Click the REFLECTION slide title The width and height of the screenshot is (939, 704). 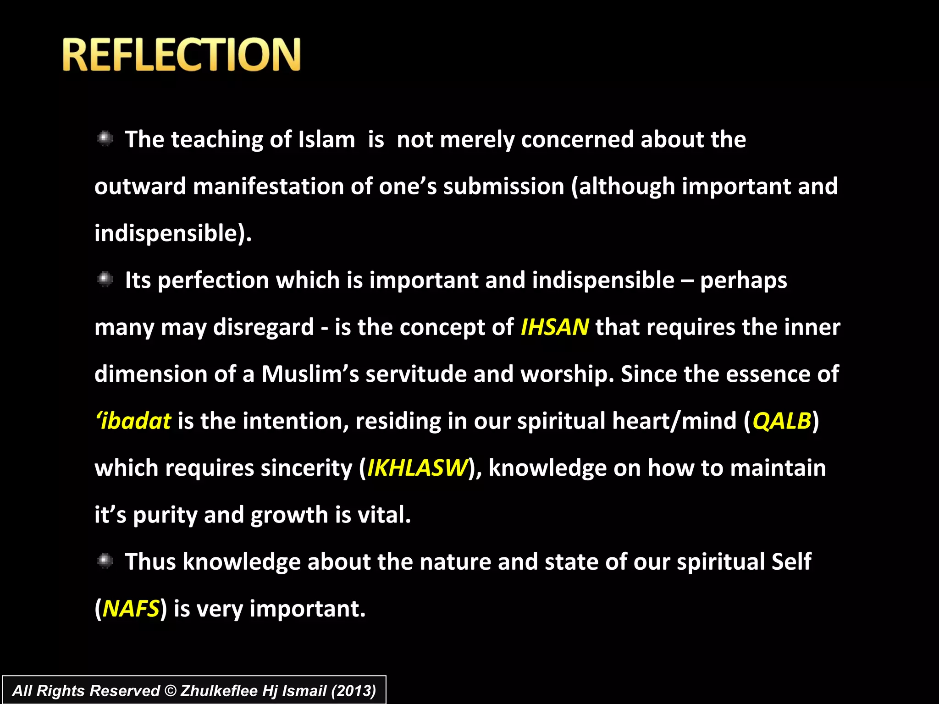tap(182, 55)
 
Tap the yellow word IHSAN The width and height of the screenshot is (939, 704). tap(555, 327)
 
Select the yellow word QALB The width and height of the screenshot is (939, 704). tap(781, 421)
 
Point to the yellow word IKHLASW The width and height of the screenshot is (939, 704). tap(417, 468)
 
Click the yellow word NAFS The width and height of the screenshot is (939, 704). tap(131, 609)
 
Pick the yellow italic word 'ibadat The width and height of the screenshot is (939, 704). tap(133, 421)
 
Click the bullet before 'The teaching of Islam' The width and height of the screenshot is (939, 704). tap(105, 138)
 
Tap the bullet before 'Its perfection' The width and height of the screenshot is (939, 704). tap(105, 279)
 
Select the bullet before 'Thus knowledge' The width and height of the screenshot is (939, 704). tap(105, 561)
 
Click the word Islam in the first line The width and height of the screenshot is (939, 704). tap(326, 139)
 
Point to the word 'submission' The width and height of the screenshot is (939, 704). tap(503, 187)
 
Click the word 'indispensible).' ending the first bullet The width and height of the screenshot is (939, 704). tap(173, 233)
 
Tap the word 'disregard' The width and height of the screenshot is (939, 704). tap(264, 327)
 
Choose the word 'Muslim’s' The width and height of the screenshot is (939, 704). tap(310, 374)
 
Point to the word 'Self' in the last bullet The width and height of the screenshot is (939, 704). tap(791, 561)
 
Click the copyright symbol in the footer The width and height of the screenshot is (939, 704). tap(171, 691)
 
